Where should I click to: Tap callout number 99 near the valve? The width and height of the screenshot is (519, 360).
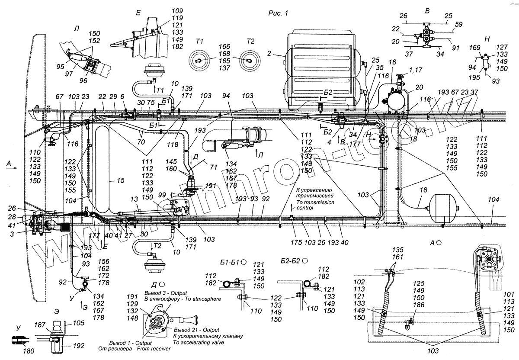point(174,196)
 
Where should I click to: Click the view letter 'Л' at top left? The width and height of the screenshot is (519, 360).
point(77,28)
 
